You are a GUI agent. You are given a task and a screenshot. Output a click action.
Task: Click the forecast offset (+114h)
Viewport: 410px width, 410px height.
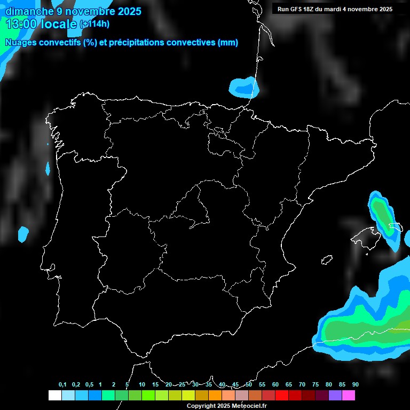[x=94, y=24]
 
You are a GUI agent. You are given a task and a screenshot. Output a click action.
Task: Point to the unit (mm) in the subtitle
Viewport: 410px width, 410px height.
[x=228, y=43]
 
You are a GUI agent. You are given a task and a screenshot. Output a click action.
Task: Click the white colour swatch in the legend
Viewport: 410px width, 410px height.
[x=54, y=396]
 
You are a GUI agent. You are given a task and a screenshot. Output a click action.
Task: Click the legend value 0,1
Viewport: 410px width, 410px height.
[x=62, y=385]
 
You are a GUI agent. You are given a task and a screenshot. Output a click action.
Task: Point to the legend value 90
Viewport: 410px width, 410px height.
[x=356, y=385]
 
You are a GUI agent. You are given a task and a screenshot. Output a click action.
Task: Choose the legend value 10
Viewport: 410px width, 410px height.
[x=142, y=385]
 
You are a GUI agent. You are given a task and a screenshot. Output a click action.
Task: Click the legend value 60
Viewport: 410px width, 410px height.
[x=275, y=385]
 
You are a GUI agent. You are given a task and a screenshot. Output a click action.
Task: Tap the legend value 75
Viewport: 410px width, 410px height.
[x=316, y=385]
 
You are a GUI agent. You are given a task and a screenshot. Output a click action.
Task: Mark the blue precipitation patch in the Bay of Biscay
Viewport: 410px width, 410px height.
[x=244, y=86]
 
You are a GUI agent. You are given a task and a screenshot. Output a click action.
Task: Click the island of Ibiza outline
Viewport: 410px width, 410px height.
[x=327, y=259]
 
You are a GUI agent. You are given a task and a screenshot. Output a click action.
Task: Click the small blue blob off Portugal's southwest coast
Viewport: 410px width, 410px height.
[x=23, y=233]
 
